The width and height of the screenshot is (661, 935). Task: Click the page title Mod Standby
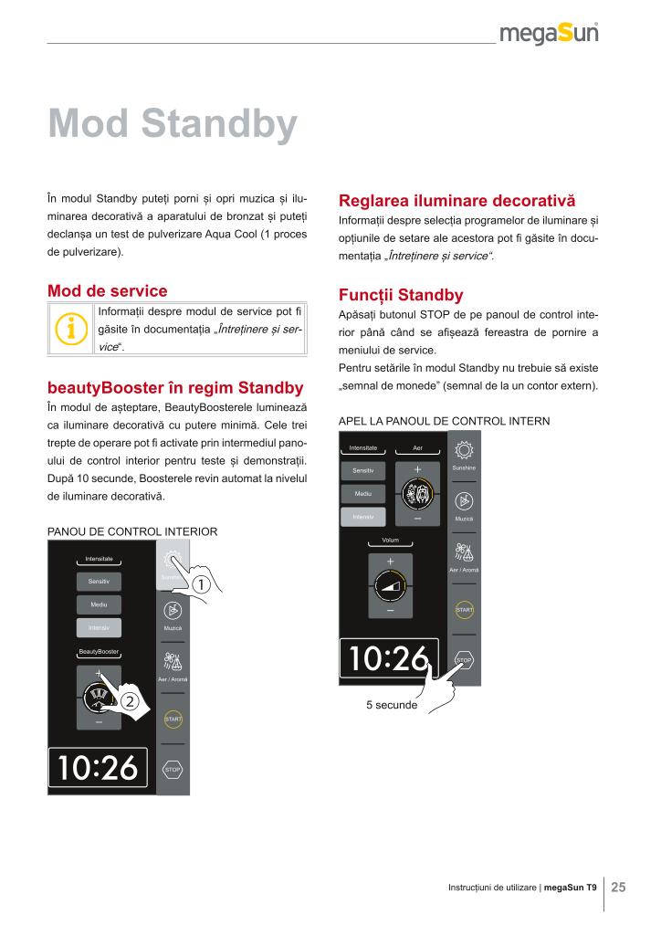pos(173,124)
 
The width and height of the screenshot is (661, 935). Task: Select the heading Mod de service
pos(107,290)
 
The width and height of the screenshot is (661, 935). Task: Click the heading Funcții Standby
pos(401,295)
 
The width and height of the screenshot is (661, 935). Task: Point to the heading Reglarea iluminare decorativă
pos(456,200)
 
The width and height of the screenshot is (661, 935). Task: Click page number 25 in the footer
pos(618,887)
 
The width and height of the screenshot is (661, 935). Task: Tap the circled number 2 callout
pos(130,701)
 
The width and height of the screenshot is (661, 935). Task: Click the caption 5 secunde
pos(392,705)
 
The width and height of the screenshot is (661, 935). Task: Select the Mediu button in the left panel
pos(99,604)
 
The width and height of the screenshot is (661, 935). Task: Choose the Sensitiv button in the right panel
pos(362,470)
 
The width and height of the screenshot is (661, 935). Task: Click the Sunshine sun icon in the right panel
pos(464,452)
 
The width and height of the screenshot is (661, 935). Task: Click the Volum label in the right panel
pos(391,541)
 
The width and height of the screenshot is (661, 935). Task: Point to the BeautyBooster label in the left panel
pos(99,652)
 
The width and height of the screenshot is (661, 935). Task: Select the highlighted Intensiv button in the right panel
pos(362,518)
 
